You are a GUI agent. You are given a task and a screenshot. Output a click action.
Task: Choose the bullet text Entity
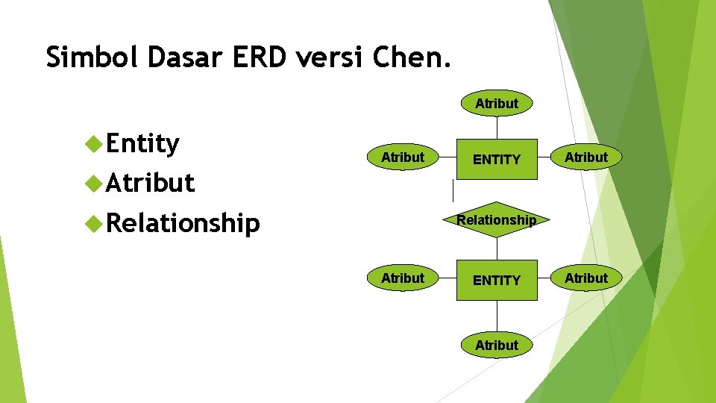click(142, 143)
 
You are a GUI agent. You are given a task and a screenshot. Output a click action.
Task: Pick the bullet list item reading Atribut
click(150, 183)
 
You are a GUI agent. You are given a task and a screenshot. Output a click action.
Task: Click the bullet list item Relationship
click(183, 222)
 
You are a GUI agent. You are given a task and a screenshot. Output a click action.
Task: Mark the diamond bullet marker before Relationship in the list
click(94, 222)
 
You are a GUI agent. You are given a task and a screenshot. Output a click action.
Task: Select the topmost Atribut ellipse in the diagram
click(497, 104)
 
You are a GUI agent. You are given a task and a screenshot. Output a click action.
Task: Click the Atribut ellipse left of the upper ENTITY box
click(402, 157)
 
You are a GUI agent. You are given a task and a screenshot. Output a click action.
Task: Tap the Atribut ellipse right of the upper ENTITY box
click(586, 157)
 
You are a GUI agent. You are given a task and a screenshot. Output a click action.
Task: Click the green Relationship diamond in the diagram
click(497, 220)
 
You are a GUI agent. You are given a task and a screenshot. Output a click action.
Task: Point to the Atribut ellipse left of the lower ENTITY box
click(402, 278)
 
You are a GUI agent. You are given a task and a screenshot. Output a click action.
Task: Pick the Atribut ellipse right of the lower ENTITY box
click(586, 278)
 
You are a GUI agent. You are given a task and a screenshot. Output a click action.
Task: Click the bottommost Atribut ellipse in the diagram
click(497, 346)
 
